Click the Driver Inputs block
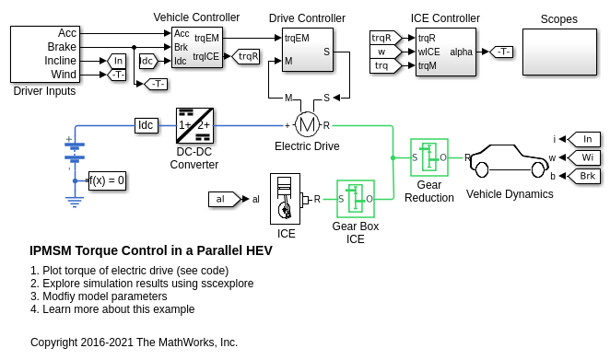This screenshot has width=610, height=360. click(x=45, y=54)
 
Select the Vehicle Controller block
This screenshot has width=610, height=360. click(x=197, y=48)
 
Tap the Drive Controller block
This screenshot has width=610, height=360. click(x=308, y=50)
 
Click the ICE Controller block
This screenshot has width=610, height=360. click(x=446, y=52)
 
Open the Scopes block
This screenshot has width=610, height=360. click(x=560, y=52)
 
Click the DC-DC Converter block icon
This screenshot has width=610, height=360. click(x=195, y=125)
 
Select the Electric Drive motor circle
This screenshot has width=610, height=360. click(x=308, y=125)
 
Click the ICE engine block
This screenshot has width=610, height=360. click(x=285, y=199)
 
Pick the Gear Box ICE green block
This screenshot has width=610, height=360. click(x=356, y=199)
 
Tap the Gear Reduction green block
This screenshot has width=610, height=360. click(x=429, y=157)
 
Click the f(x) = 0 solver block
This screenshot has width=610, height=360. click(x=108, y=180)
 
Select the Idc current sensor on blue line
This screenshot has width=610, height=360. click(x=147, y=125)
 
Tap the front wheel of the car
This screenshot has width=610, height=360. click(x=538, y=169)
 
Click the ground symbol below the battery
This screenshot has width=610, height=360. click(x=75, y=203)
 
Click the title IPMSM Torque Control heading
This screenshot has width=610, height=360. click(x=151, y=250)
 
